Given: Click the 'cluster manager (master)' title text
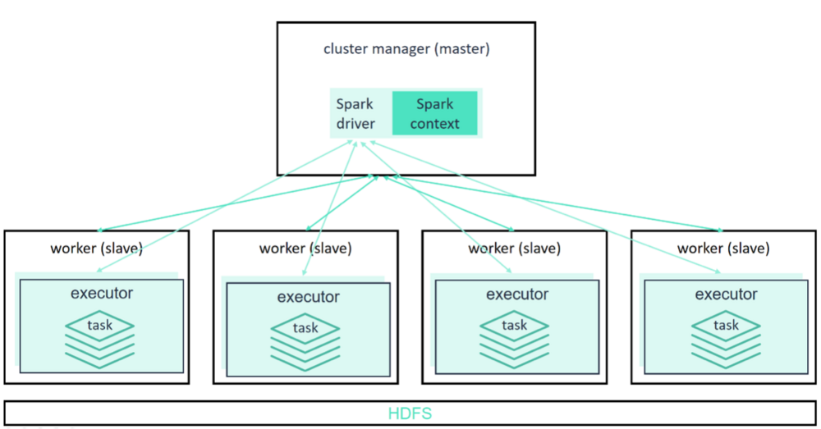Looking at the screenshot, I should point(406,48).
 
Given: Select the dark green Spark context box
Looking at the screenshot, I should point(434,114).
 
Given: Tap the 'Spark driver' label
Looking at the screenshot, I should point(355,114).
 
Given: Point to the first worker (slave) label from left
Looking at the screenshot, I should point(97,248).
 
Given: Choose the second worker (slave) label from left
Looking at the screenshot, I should point(305,248).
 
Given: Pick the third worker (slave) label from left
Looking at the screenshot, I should point(515,248).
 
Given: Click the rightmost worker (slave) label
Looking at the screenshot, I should point(723,248).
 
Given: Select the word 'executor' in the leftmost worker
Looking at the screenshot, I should point(102,293).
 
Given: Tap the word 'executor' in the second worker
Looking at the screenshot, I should point(308,297).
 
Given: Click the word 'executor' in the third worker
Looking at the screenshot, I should point(517,294).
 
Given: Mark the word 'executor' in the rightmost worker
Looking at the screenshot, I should point(726,294).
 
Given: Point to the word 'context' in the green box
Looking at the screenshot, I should point(434,124).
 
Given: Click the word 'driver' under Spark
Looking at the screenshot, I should point(355,124).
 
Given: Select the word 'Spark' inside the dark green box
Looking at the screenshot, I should point(434,104).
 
